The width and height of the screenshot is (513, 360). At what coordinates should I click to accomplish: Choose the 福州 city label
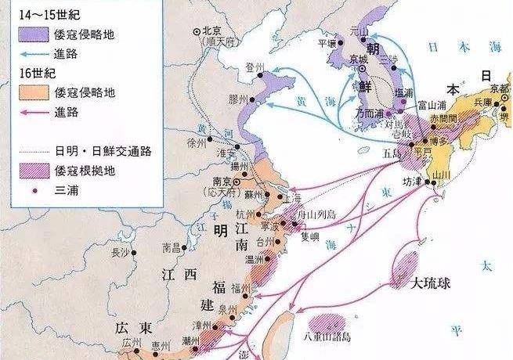(x=240, y=288)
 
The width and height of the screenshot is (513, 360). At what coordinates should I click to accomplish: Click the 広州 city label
(x=132, y=342)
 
